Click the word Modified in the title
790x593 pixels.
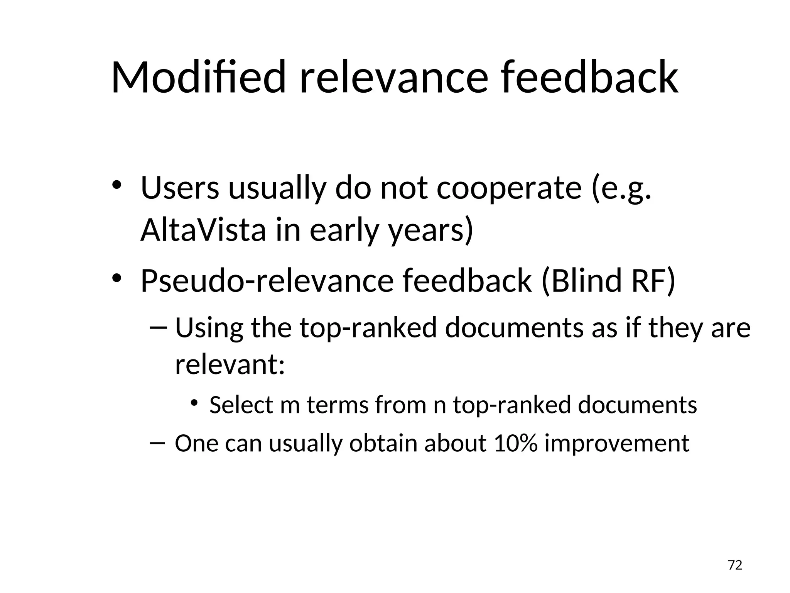(x=198, y=77)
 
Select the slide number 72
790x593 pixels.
(x=735, y=565)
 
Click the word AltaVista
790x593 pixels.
(x=203, y=230)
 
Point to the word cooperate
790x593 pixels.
(x=509, y=188)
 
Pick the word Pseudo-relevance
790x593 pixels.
(x=267, y=281)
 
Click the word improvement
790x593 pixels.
(x=616, y=443)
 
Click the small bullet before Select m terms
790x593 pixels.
(x=194, y=403)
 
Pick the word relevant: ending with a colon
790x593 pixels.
(x=230, y=364)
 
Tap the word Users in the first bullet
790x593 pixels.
(x=180, y=188)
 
